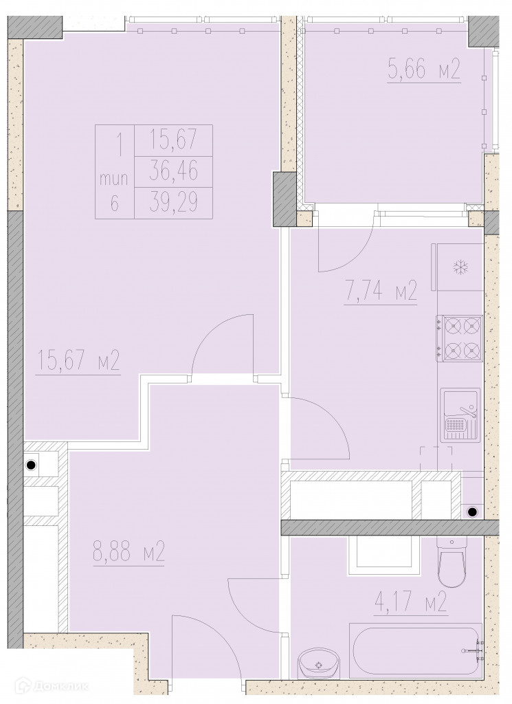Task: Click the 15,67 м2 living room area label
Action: click(78, 362)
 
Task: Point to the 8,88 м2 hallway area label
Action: click(129, 551)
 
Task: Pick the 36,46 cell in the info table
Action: click(173, 172)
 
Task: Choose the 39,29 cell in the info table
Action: click(173, 203)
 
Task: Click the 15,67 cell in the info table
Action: click(173, 140)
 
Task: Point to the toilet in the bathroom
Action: click(452, 561)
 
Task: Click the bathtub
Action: click(416, 650)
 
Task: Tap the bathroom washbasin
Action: click(318, 663)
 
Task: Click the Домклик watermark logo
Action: click(52, 686)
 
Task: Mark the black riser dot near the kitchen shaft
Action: click(471, 511)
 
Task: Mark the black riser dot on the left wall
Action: click(30, 465)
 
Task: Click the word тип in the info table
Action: click(114, 179)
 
